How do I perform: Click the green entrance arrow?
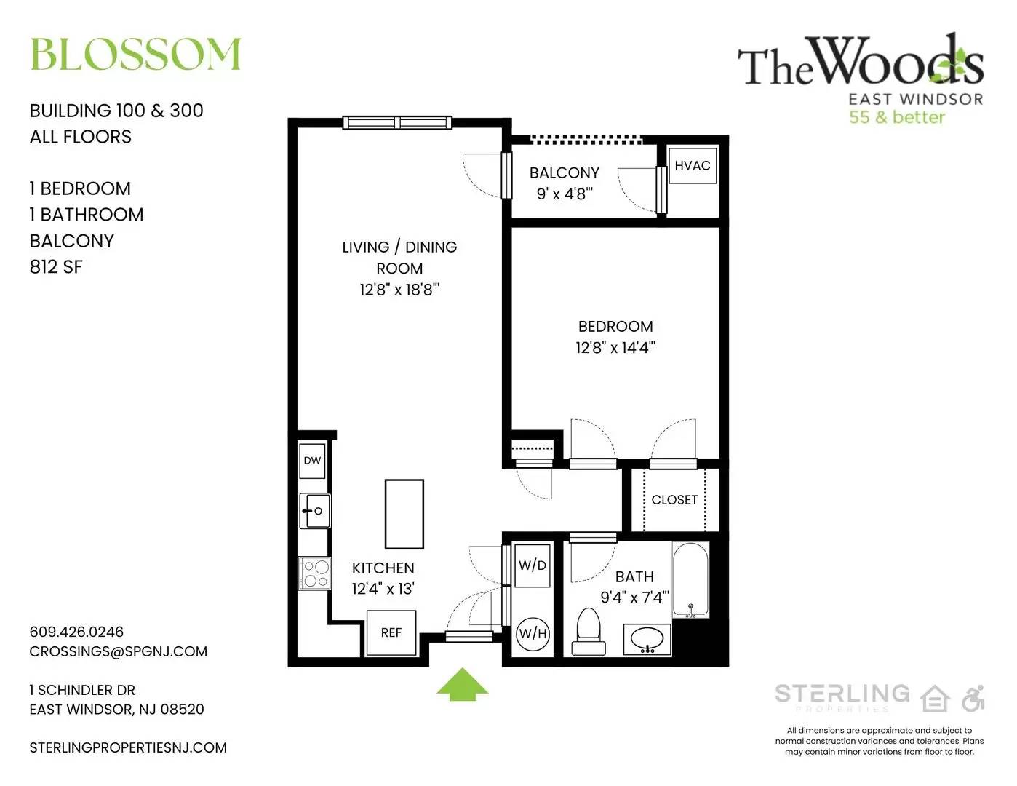tap(462, 684)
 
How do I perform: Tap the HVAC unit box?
tap(693, 165)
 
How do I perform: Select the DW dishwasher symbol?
tap(312, 461)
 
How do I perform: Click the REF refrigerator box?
tap(391, 632)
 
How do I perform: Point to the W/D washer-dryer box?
tap(533, 565)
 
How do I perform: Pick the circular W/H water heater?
tap(533, 634)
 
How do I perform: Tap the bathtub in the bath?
tap(690, 580)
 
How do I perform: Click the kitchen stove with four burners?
tap(315, 573)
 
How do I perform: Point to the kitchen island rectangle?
tap(404, 514)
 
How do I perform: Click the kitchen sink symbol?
tap(315, 511)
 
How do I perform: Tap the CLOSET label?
tap(674, 500)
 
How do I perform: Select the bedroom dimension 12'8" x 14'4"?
tap(615, 347)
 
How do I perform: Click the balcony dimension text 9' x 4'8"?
tap(565, 194)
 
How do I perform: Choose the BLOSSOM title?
tap(135, 54)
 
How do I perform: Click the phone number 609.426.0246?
tap(76, 632)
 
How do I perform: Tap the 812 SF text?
tap(56, 267)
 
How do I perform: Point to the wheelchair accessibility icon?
tap(973, 698)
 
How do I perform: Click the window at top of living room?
tap(397, 123)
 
